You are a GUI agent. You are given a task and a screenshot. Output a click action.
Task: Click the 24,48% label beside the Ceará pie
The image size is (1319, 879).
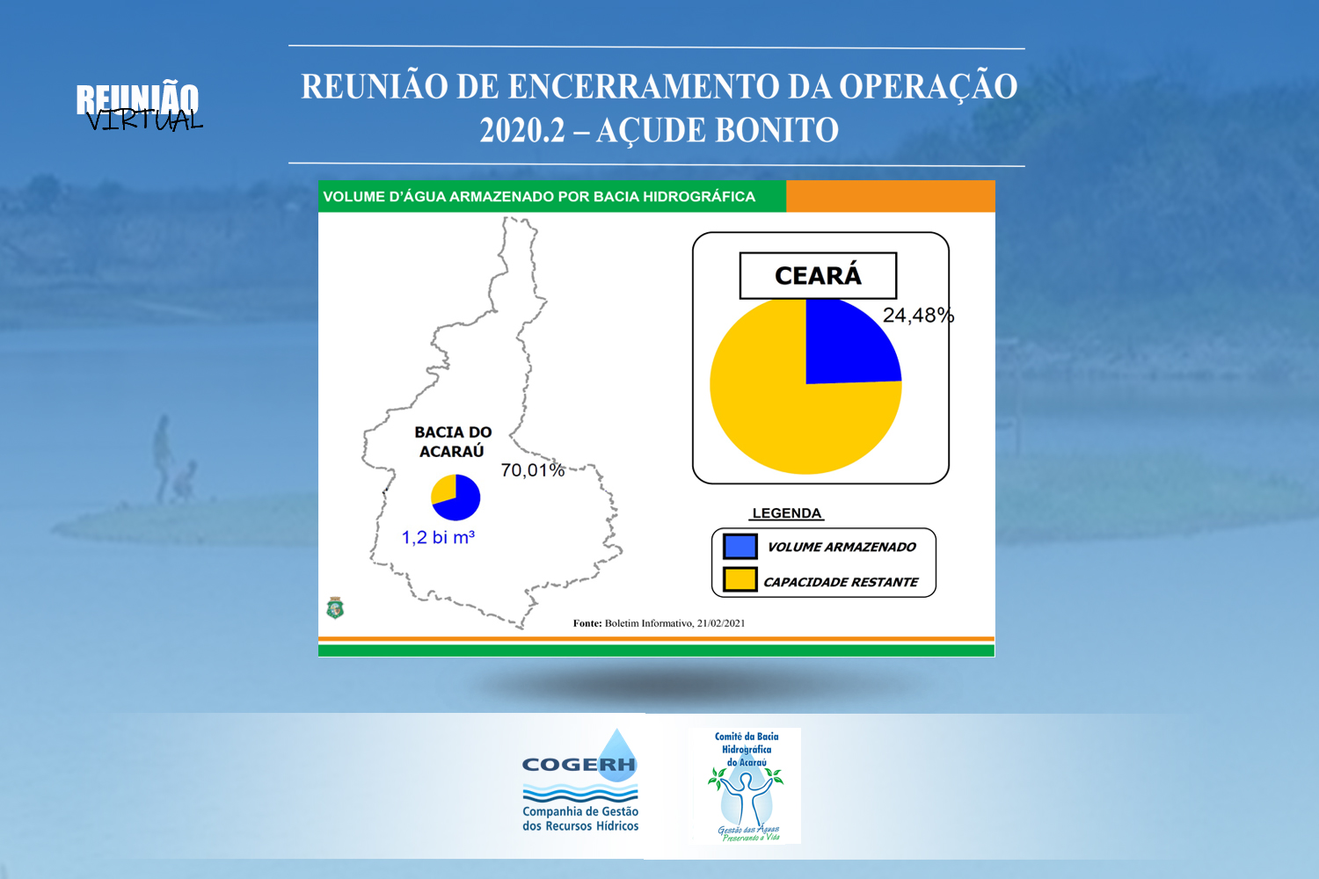pyautogui.click(x=918, y=316)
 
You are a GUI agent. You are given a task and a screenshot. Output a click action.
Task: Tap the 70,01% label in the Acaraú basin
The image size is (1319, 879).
pyautogui.click(x=533, y=469)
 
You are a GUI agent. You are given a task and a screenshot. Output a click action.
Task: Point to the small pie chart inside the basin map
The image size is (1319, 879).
pyautogui.click(x=455, y=498)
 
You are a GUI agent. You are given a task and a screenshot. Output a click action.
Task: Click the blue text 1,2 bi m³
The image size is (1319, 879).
pyautogui.click(x=438, y=537)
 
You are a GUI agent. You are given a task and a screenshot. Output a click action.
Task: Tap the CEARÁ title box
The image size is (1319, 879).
pyautogui.click(x=818, y=275)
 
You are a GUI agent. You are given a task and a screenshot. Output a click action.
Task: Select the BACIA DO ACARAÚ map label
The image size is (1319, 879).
pyautogui.click(x=453, y=441)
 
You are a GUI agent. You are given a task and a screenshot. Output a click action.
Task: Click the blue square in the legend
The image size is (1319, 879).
pyautogui.click(x=740, y=547)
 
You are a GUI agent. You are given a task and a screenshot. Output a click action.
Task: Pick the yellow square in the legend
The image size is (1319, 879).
pyautogui.click(x=740, y=579)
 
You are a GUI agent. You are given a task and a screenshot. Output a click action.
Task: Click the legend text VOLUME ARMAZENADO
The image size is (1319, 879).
pyautogui.click(x=842, y=547)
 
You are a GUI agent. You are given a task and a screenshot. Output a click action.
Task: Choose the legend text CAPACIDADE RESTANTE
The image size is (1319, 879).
pyautogui.click(x=841, y=582)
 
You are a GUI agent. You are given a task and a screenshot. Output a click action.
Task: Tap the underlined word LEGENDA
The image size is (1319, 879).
pyautogui.click(x=787, y=513)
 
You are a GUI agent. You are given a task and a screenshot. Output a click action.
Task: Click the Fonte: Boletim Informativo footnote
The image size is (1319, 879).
pyautogui.click(x=659, y=623)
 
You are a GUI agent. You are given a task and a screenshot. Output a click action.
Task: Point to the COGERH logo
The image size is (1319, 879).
pyautogui.click(x=580, y=781)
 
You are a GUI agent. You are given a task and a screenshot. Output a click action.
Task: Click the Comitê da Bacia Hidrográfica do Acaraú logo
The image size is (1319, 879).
pyautogui.click(x=747, y=786)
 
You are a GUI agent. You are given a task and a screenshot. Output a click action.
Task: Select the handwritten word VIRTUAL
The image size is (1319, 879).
pyautogui.click(x=144, y=120)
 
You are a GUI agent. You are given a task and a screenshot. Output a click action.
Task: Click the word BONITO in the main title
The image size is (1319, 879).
pyautogui.click(x=776, y=130)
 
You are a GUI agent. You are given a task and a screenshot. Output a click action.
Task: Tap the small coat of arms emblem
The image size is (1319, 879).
pyautogui.click(x=335, y=607)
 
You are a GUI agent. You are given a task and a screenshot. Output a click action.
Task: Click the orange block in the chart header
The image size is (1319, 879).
pyautogui.click(x=890, y=196)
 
